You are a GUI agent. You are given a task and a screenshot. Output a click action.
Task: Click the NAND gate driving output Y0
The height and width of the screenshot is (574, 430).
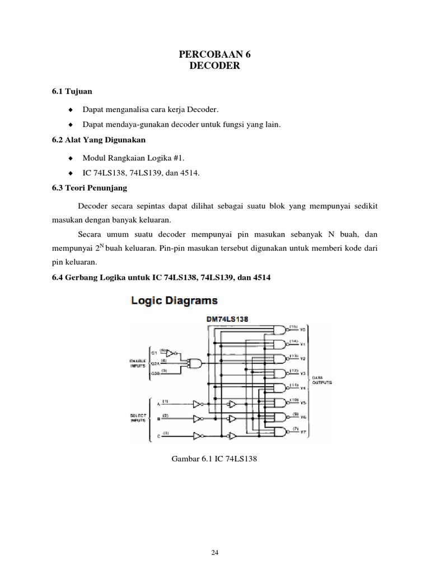(278, 330)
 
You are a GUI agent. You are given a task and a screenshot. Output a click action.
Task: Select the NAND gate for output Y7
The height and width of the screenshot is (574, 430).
(278, 432)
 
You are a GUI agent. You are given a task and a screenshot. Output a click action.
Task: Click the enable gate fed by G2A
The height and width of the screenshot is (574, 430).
(195, 363)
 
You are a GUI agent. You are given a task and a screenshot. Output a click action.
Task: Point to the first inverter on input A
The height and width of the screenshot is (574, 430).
(197, 404)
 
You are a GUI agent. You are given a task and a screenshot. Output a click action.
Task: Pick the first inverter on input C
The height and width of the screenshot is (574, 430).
(197, 434)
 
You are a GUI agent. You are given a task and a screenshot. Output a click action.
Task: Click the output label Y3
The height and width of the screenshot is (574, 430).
(302, 373)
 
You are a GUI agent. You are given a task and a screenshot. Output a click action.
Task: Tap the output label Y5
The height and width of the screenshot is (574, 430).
(302, 402)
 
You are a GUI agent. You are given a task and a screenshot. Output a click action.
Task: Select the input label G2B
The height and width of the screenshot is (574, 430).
(157, 373)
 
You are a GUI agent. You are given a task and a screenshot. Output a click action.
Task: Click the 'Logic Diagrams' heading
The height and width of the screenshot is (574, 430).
(174, 301)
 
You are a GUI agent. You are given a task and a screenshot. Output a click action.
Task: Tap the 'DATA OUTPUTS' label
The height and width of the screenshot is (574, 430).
(321, 381)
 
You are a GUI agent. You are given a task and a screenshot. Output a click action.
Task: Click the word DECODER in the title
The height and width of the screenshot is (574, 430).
(214, 66)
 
